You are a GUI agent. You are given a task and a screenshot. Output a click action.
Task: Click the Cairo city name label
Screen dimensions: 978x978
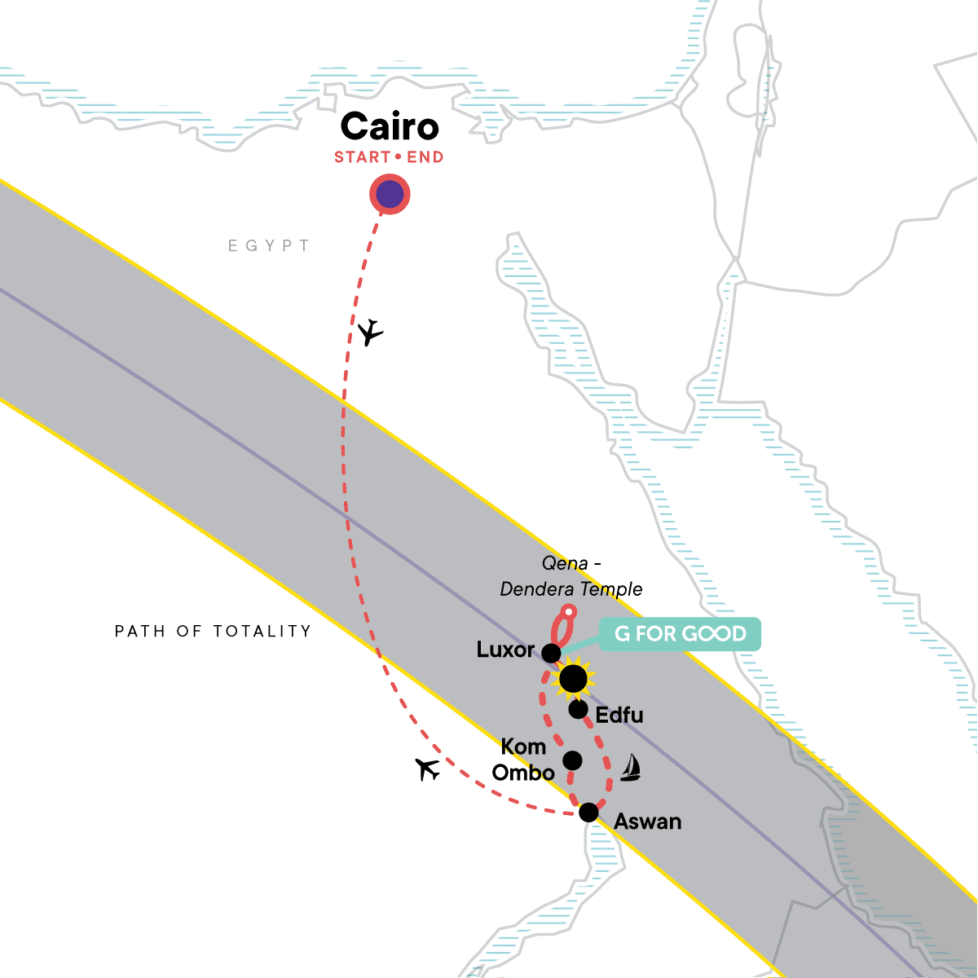coord(390,127)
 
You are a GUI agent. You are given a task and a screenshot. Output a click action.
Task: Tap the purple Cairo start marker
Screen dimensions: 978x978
coord(390,195)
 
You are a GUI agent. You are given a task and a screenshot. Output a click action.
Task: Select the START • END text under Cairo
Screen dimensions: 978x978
coord(389,157)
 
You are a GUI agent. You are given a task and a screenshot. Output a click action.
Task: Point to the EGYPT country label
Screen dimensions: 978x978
coord(269,245)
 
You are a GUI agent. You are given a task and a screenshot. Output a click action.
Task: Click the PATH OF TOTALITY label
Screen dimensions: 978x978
coord(213,631)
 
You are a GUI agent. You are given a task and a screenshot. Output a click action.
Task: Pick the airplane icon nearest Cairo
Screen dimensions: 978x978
coord(371,332)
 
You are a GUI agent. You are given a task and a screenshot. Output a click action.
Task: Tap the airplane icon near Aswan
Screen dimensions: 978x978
coord(428,769)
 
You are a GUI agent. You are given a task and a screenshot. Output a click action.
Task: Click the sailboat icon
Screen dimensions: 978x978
coord(630,768)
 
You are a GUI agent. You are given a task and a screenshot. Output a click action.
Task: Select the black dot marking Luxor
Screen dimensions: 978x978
coord(552,653)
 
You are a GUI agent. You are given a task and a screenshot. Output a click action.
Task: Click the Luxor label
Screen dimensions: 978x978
coord(505,650)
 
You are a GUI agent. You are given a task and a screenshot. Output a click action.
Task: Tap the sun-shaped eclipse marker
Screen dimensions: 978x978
coord(573,678)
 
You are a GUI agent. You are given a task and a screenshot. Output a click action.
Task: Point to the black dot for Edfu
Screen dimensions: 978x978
coord(578,709)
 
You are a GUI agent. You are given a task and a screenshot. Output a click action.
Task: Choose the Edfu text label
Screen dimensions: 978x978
coord(619,715)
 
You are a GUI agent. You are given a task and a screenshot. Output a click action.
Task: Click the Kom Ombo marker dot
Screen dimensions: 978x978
coord(573,760)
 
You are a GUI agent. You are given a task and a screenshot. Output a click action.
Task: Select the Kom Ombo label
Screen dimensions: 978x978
coord(523,760)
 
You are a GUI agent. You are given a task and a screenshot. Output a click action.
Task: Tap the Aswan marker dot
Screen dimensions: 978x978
coord(588,813)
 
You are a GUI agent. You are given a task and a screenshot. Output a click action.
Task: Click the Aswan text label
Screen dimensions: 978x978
coord(647,822)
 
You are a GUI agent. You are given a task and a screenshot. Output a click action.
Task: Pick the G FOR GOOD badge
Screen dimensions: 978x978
coord(680,634)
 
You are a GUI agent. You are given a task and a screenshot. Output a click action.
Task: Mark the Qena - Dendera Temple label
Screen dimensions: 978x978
coord(570,577)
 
